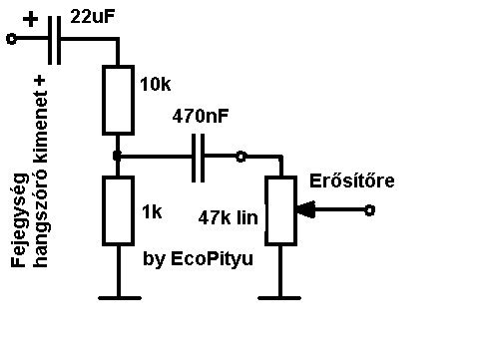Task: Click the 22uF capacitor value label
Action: pyautogui.click(x=93, y=16)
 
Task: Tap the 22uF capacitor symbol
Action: pyautogui.click(x=55, y=40)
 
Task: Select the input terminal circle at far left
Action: pyautogui.click(x=12, y=39)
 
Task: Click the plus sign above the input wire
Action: pyautogui.click(x=30, y=19)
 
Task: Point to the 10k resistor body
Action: pyautogui.click(x=118, y=100)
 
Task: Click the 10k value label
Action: pyautogui.click(x=156, y=84)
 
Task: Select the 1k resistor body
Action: pyautogui.click(x=118, y=210)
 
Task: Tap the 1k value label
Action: pyautogui.click(x=152, y=211)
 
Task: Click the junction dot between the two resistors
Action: pyautogui.click(x=117, y=156)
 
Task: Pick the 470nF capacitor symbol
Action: pyautogui.click(x=199, y=158)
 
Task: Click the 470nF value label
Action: pyautogui.click(x=201, y=116)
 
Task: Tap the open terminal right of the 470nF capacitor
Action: pyautogui.click(x=240, y=157)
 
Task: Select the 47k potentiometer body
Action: pyautogui.click(x=280, y=210)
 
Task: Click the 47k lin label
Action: pyautogui.click(x=229, y=218)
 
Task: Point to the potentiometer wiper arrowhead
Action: pyautogui.click(x=305, y=209)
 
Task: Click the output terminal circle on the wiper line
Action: pyautogui.click(x=369, y=210)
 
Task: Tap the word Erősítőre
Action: pyautogui.click(x=352, y=180)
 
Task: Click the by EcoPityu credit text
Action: pyautogui.click(x=199, y=259)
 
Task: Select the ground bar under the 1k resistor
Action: pyautogui.click(x=120, y=298)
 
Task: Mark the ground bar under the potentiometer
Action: pyautogui.click(x=279, y=298)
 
